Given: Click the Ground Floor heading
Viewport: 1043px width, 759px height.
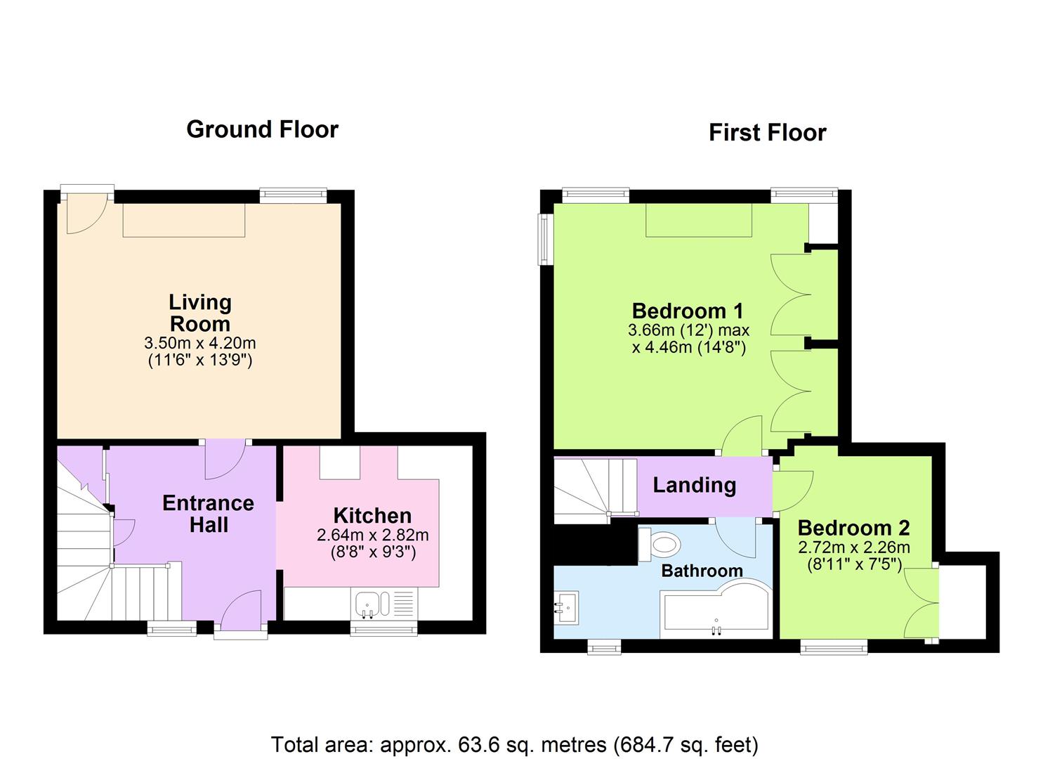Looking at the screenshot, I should pyautogui.click(x=262, y=129).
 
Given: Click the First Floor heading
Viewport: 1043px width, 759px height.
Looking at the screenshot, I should pyautogui.click(x=767, y=133).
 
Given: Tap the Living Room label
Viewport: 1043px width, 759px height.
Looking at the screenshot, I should pyautogui.click(x=199, y=313).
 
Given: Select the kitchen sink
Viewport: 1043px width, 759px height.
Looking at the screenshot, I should pyautogui.click(x=367, y=604).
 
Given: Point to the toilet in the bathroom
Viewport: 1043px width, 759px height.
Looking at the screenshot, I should pyautogui.click(x=661, y=543).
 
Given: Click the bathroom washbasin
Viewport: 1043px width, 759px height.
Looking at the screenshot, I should pyautogui.click(x=566, y=605).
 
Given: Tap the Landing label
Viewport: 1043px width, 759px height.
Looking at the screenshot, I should pyautogui.click(x=694, y=485).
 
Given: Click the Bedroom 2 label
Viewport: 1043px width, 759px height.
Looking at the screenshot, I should pyautogui.click(x=853, y=527).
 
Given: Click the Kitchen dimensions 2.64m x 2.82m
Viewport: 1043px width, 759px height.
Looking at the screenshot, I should pyautogui.click(x=372, y=535).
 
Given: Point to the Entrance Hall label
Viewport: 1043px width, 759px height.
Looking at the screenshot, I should pyautogui.click(x=208, y=514).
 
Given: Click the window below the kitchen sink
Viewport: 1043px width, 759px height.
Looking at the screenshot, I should pyautogui.click(x=384, y=630).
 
